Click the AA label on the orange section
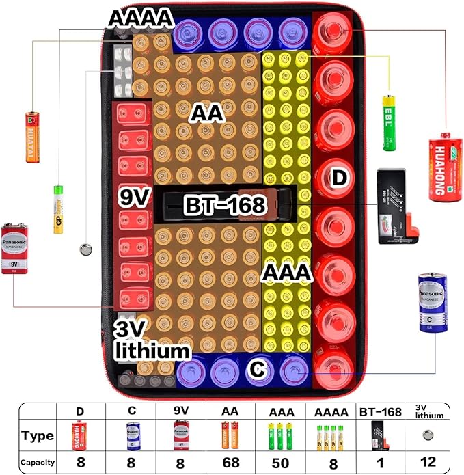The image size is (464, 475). (207, 113)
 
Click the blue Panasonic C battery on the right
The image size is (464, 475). (432, 303)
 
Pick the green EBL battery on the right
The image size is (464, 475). (390, 122)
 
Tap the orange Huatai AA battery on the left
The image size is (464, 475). (33, 137)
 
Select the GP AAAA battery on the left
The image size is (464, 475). (59, 208)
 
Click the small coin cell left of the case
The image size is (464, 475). (86, 250)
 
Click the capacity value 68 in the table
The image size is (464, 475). (231, 462)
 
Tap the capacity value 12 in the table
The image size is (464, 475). (430, 462)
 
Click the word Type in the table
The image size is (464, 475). (37, 436)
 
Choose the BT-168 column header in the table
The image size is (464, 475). (380, 411)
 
